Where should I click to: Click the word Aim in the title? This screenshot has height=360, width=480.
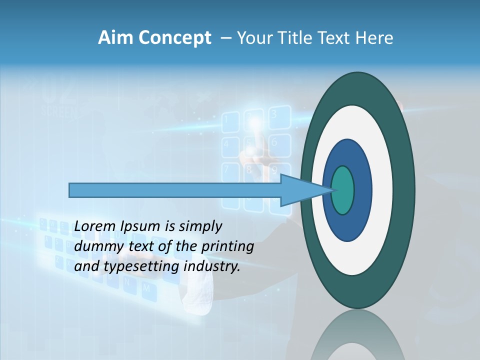116,38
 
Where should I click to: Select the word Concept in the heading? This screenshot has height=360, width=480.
175,38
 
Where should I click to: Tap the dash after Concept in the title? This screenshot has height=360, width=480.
225,38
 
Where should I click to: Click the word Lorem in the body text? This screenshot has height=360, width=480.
94,226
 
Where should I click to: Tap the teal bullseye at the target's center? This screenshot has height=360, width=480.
342,190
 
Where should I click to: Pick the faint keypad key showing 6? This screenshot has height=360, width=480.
274,142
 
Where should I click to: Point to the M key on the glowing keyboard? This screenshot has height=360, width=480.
146,288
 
